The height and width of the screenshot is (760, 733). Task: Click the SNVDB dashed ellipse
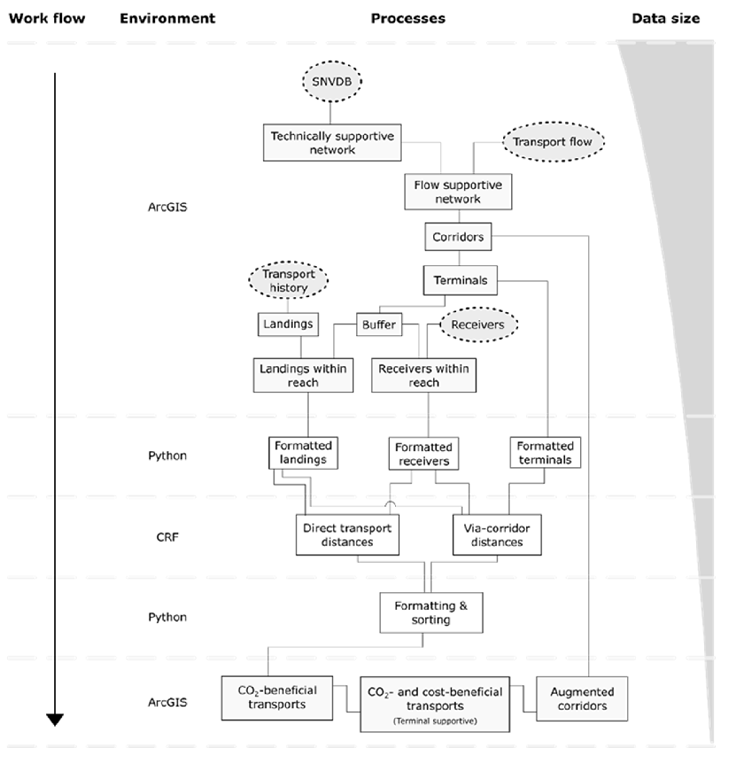click(x=332, y=81)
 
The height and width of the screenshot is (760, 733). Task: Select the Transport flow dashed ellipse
click(x=553, y=142)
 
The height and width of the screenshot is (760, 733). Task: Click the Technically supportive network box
click(x=332, y=143)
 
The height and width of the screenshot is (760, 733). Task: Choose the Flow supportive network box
click(x=458, y=192)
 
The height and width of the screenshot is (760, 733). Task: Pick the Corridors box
click(x=458, y=237)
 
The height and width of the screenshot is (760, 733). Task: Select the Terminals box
click(x=460, y=280)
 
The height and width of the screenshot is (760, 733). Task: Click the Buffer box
click(x=379, y=324)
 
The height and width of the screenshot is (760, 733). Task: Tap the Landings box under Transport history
click(x=288, y=324)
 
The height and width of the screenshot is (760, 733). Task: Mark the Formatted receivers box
click(x=424, y=454)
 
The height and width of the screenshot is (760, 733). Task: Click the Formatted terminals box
click(x=545, y=453)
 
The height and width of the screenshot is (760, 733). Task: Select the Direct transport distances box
click(x=347, y=535)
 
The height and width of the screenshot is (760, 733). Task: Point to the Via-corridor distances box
click(x=497, y=535)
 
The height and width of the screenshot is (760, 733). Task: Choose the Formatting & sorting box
click(x=431, y=613)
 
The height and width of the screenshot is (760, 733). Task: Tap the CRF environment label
click(x=168, y=537)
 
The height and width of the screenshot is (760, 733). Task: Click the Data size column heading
click(x=665, y=18)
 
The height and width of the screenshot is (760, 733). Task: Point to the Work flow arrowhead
click(x=55, y=719)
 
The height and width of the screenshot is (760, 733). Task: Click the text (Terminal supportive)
click(x=435, y=721)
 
